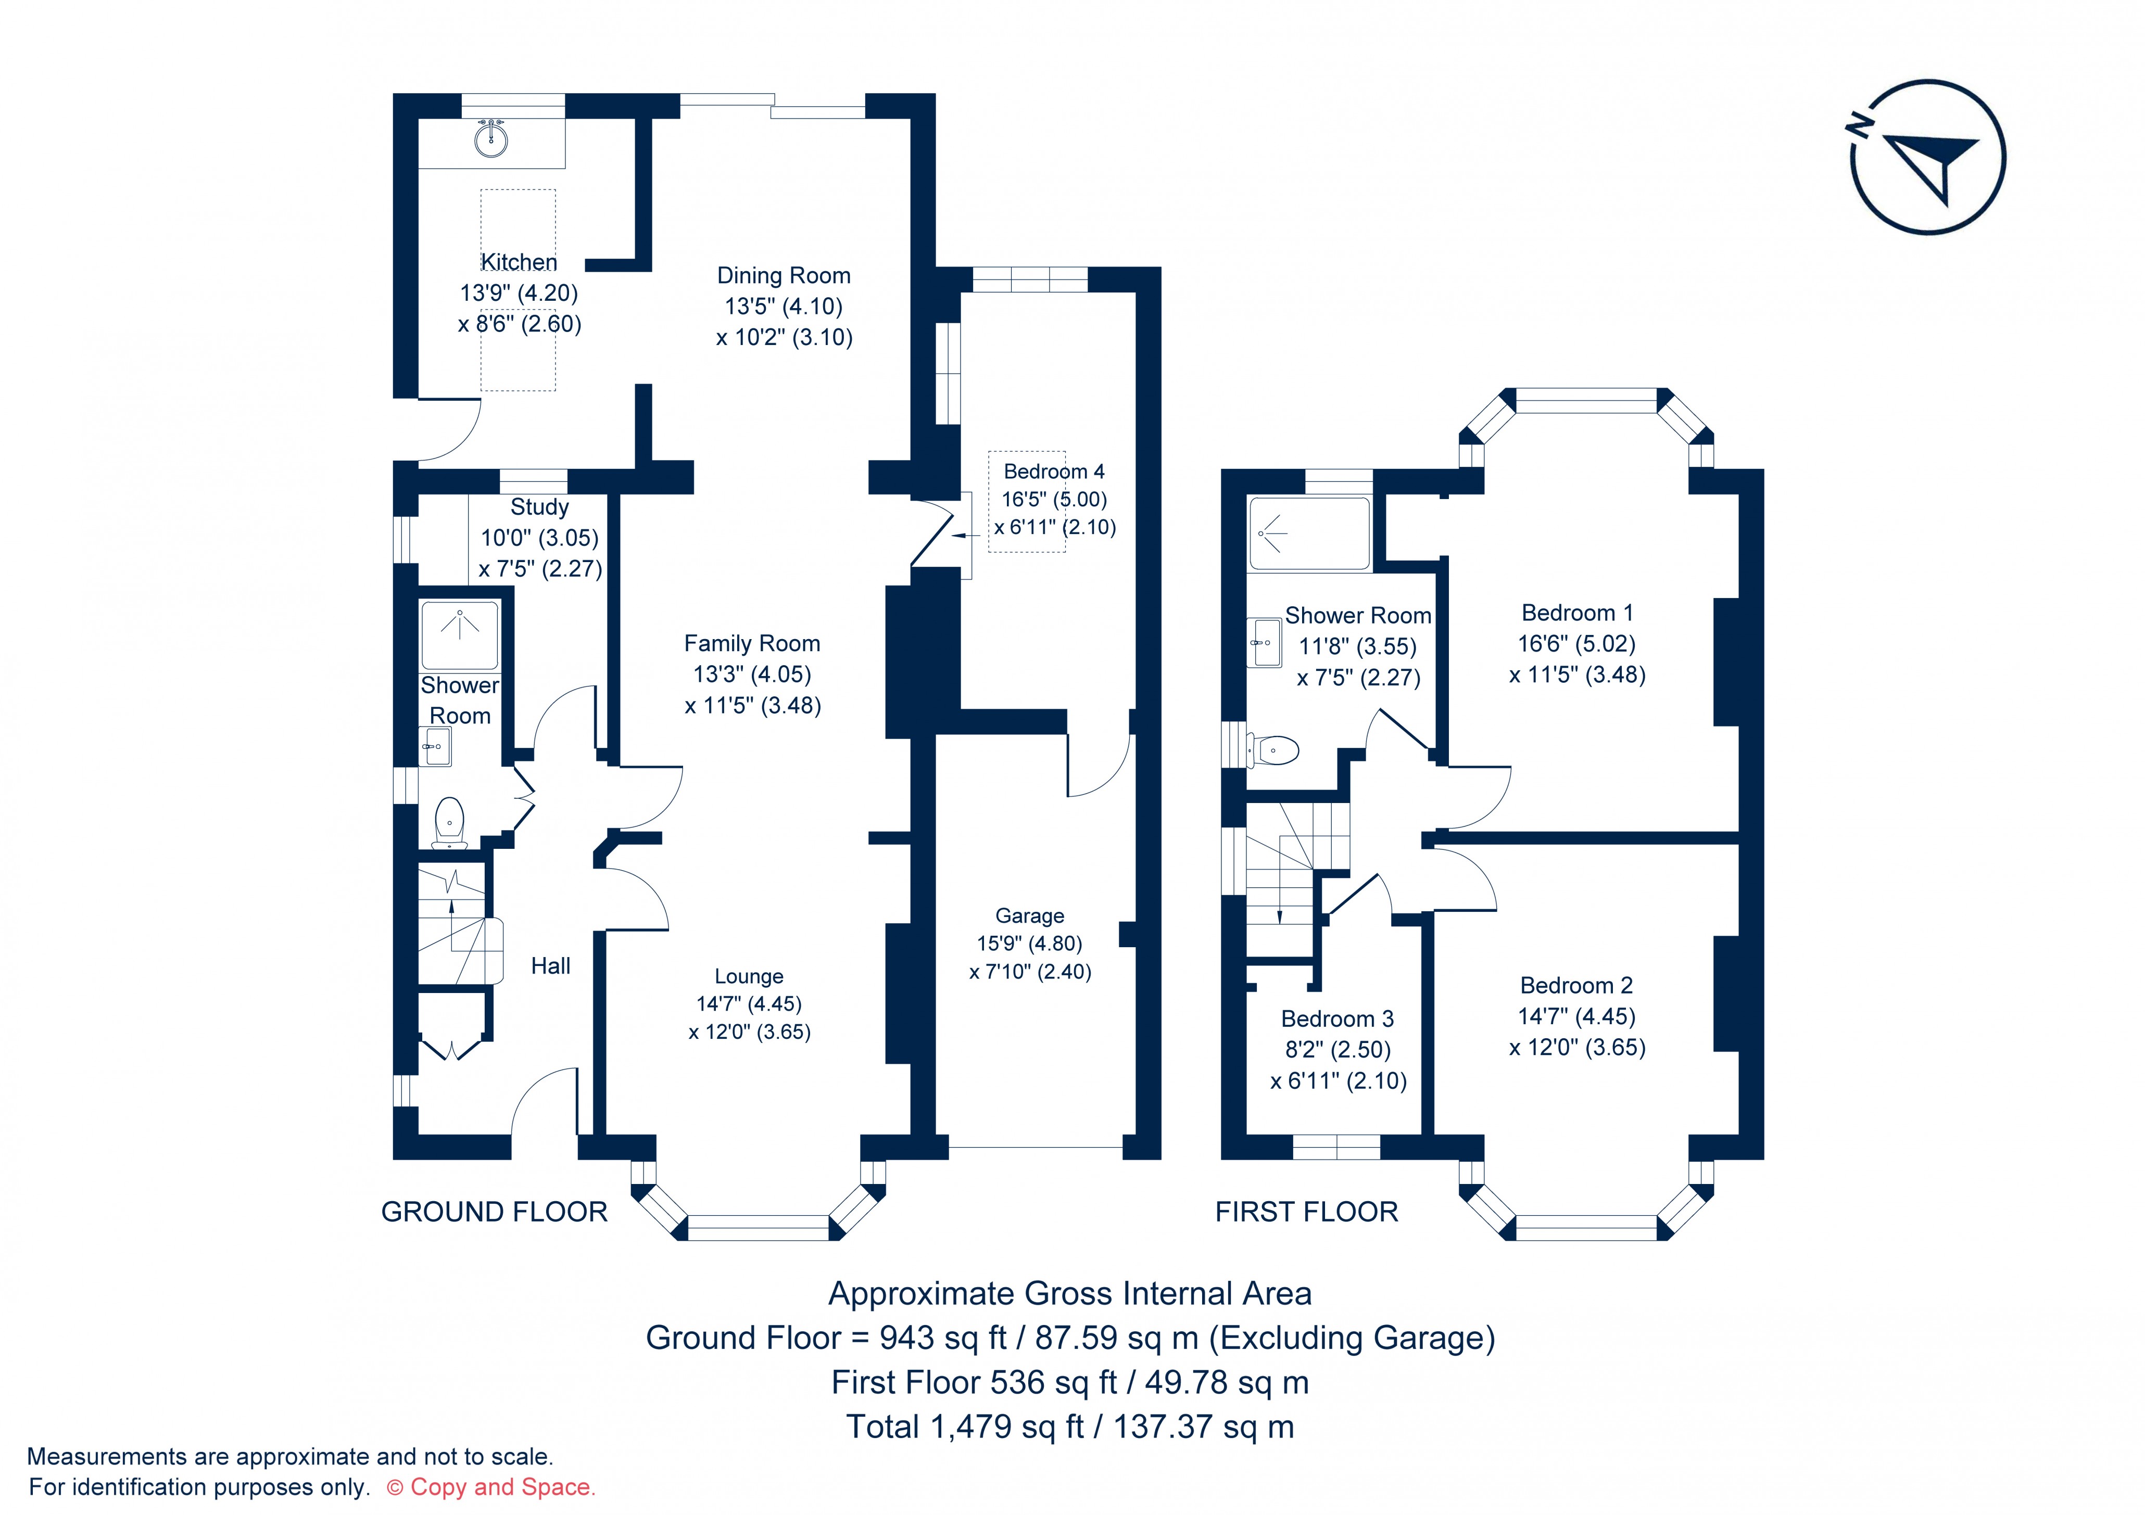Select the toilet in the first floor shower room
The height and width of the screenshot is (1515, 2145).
click(1278, 749)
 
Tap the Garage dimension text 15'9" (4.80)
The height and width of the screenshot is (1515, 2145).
click(1029, 944)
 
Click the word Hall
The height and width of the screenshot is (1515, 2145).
click(550, 966)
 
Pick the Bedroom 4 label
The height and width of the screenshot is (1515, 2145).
click(1054, 472)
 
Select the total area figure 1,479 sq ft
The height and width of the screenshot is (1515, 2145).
click(1007, 1427)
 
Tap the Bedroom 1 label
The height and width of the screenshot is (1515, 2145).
click(1577, 613)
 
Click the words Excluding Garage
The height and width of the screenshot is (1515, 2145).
click(1351, 1338)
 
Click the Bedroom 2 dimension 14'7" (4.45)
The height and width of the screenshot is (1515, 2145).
click(1577, 1016)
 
